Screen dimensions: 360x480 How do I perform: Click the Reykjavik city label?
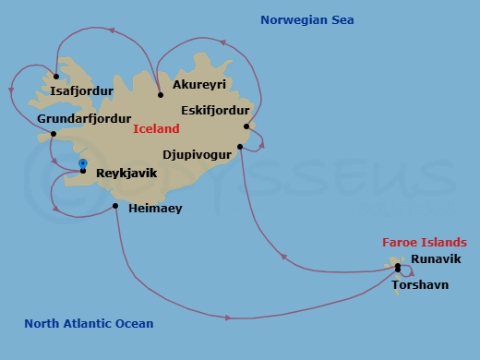[x=126, y=173]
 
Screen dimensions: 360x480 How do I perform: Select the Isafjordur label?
[x=82, y=91]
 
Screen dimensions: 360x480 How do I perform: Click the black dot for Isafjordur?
[x=56, y=77]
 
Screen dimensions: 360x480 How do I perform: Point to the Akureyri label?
[x=199, y=84]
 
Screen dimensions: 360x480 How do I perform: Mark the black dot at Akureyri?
[x=161, y=94]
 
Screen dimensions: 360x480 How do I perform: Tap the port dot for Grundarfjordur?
[x=54, y=134]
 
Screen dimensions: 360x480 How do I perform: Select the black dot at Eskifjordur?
[x=246, y=126]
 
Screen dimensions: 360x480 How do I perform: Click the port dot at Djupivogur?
[x=240, y=146]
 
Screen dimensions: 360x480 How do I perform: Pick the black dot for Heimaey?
[x=115, y=206]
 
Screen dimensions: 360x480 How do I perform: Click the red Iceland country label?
[x=157, y=130]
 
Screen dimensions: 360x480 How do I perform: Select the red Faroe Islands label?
[x=419, y=243]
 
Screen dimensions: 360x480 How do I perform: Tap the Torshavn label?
[x=420, y=284]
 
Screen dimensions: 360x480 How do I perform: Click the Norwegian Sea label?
[x=307, y=20]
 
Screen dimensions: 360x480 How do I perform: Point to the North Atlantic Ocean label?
[x=89, y=324]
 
